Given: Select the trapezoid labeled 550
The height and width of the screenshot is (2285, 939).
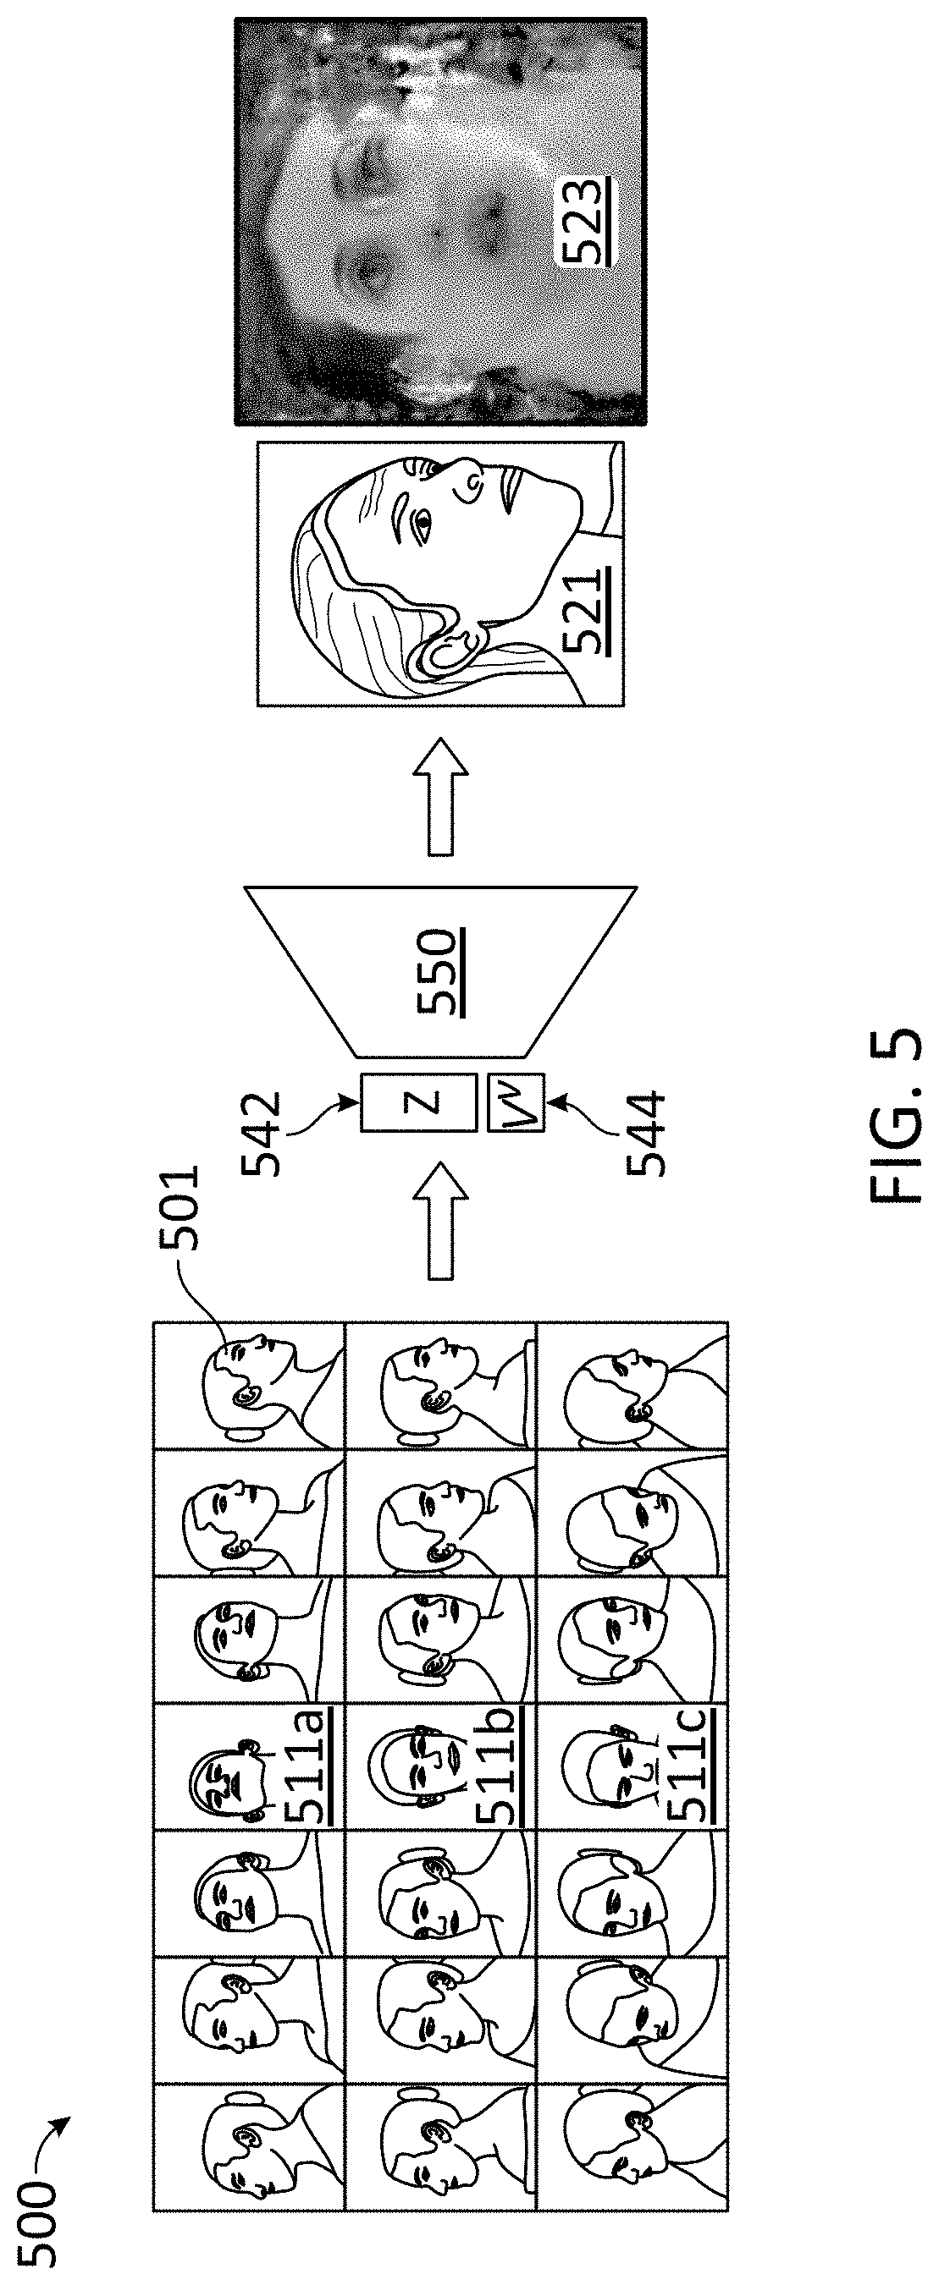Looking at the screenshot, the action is tap(440, 970).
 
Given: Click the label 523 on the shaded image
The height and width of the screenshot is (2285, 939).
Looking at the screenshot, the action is tap(585, 221).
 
